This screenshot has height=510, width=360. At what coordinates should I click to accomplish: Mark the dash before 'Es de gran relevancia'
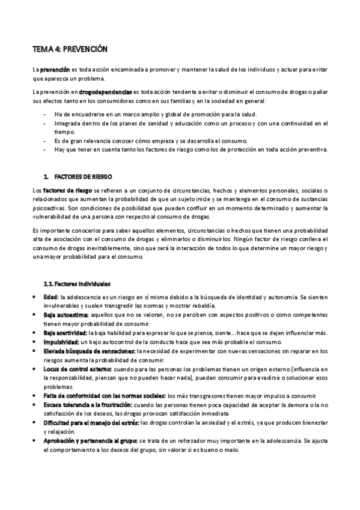[x=46, y=140]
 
